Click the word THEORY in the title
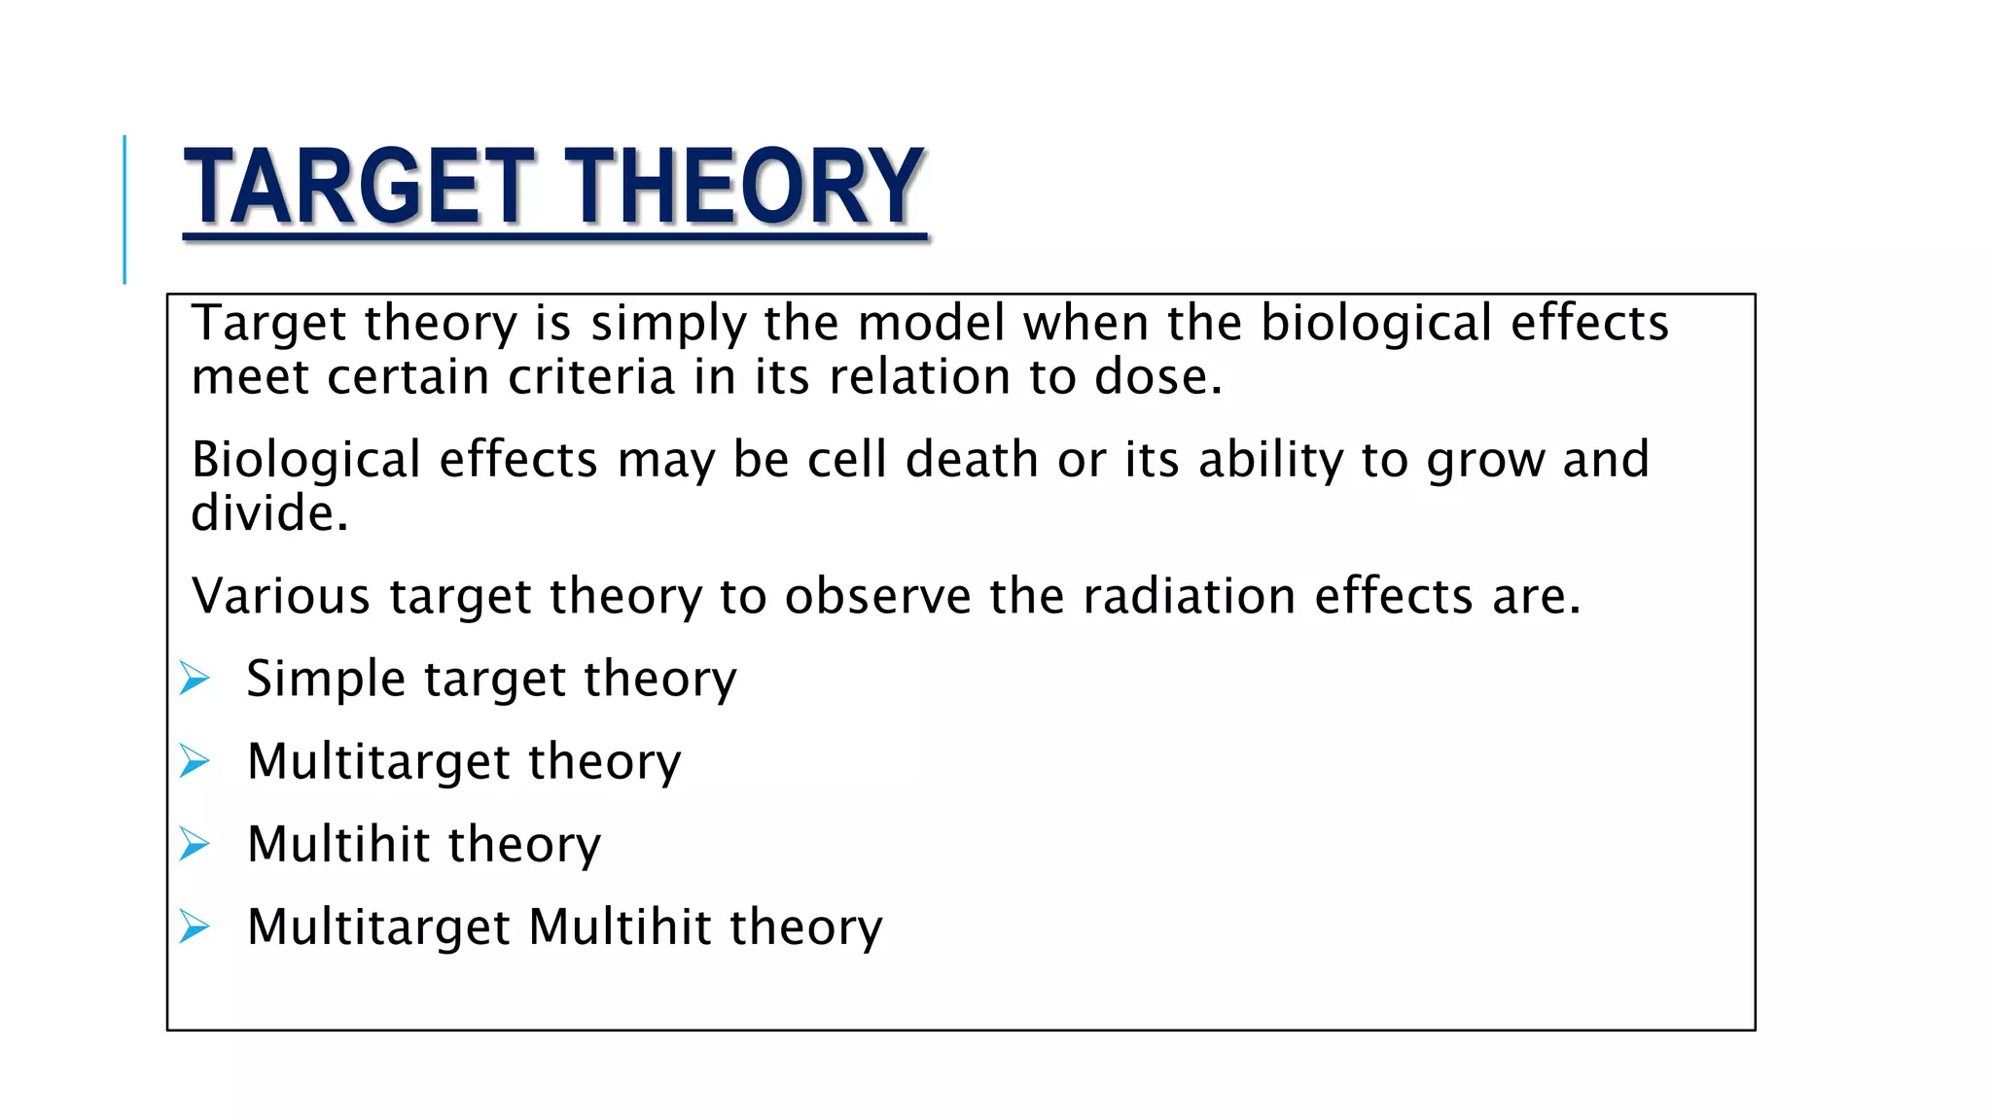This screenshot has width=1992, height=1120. [744, 187]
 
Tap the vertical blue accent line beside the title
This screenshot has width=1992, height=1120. [124, 209]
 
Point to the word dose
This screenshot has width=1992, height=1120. [1156, 377]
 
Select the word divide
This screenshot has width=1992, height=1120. [267, 513]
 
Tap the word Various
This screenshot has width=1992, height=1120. [281, 596]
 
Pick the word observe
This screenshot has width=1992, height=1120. [877, 596]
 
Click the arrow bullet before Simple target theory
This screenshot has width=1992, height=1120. [195, 678]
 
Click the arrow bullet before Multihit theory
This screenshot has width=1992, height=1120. [195, 844]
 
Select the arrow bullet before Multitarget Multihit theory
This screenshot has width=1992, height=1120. [195, 927]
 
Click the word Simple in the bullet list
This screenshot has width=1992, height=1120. [325, 679]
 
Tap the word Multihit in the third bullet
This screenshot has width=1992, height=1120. [338, 844]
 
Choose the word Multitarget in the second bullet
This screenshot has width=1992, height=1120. [378, 761]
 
